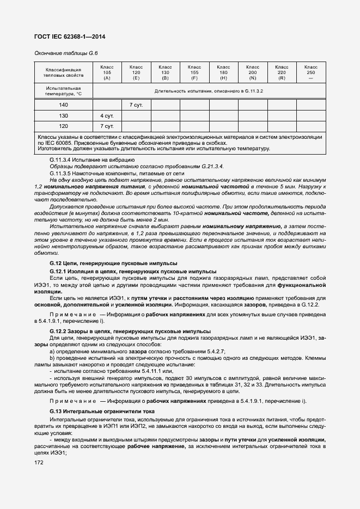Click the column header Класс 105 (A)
tap(107, 72)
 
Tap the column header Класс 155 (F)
tap(194, 72)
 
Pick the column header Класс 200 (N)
tap(252, 72)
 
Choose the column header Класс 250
tap(310, 72)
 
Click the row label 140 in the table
tap(64, 105)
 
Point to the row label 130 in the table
tap(64, 115)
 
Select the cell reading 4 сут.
tap(107, 115)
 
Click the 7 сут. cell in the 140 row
tap(136, 105)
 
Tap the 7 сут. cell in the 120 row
tap(107, 126)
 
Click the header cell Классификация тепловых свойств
tap(63, 72)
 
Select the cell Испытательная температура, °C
tap(63, 90)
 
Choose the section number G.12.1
tap(57, 271)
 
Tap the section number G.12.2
tap(57, 330)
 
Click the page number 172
tap(39, 462)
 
